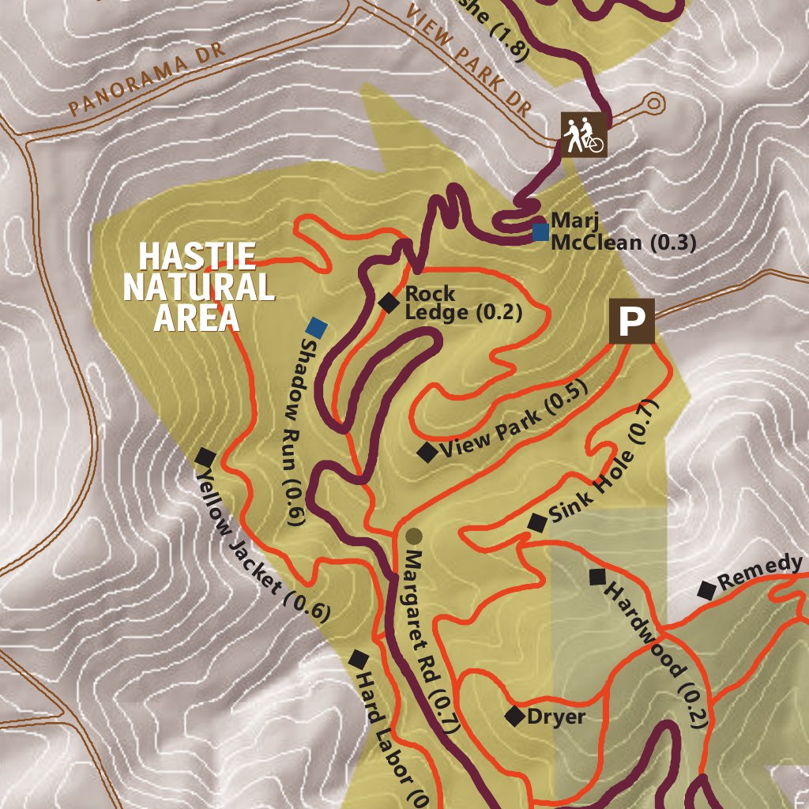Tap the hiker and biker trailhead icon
coord(585,134)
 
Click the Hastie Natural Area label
coord(198,286)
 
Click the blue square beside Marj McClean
coord(540,231)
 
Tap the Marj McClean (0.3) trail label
coord(623,231)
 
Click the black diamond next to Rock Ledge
coord(388,302)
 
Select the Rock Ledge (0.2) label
coord(463,303)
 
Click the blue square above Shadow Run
coord(317,326)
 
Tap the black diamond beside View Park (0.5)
coord(427,452)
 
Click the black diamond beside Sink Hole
coord(537,521)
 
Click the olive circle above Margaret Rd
coord(413,536)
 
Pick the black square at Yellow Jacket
coord(205,456)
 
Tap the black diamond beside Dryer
coord(515,716)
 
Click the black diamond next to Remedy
coord(706,589)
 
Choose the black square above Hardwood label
coord(597,577)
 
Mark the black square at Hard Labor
coord(359,658)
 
